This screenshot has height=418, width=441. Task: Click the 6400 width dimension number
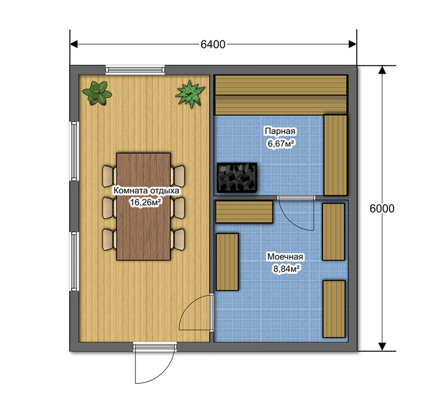coord(213,45)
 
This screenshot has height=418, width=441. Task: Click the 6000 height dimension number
coord(381,208)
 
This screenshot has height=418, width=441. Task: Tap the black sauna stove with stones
coord(237,177)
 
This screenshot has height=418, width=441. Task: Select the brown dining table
coord(143,207)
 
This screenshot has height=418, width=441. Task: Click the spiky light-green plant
coord(190,94)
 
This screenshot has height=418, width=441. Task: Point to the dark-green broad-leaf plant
coord(97,93)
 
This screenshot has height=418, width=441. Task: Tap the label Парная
coord(280,131)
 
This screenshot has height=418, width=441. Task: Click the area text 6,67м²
coord(281,144)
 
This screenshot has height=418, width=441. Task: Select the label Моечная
coord(285,257)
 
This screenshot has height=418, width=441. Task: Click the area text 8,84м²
coord(286,269)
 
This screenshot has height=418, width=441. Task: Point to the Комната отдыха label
coord(146,191)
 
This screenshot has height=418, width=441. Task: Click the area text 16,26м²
coord(146,202)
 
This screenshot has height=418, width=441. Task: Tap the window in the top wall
coord(135,69)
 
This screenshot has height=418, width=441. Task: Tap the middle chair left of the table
coord(109,208)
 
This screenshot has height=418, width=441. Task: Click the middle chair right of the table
coord(178,208)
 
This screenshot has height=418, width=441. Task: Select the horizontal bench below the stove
coord(244,212)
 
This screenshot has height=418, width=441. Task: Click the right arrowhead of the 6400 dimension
coord(353,44)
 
